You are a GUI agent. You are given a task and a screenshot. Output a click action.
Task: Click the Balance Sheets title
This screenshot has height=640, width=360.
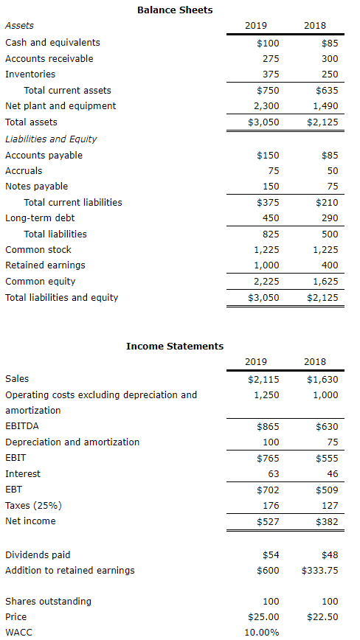point(175,10)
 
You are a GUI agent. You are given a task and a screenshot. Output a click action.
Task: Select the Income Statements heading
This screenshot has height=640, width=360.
point(175,346)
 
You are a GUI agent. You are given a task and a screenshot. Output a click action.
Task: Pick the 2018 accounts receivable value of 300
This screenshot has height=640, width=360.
point(330,58)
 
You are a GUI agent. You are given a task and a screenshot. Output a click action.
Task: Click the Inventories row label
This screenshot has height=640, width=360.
point(30,74)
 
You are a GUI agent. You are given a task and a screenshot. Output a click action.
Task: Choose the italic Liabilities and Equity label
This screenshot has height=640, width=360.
point(51,139)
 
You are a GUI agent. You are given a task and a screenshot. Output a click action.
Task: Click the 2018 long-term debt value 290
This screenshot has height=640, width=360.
point(330,218)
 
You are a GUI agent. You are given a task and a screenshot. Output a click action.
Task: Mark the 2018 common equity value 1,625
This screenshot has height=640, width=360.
point(325,281)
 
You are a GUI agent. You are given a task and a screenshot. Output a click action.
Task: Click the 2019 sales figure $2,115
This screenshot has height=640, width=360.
point(263,379)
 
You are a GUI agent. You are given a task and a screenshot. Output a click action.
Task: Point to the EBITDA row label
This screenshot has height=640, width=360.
point(22,426)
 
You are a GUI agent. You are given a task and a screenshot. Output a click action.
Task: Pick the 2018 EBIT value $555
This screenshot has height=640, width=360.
point(327,458)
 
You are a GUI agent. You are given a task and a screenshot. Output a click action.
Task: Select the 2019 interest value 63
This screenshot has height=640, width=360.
point(273,473)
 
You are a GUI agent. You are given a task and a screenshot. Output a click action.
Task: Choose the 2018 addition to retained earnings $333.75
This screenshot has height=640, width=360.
point(320,570)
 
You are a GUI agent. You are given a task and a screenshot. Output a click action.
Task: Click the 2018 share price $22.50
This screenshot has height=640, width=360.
point(322,616)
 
